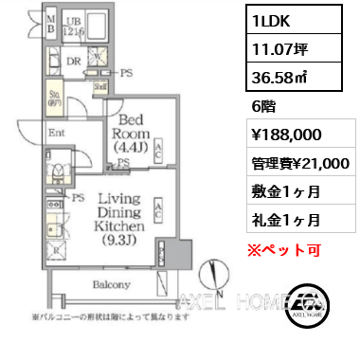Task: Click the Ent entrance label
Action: coord(56,135)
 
